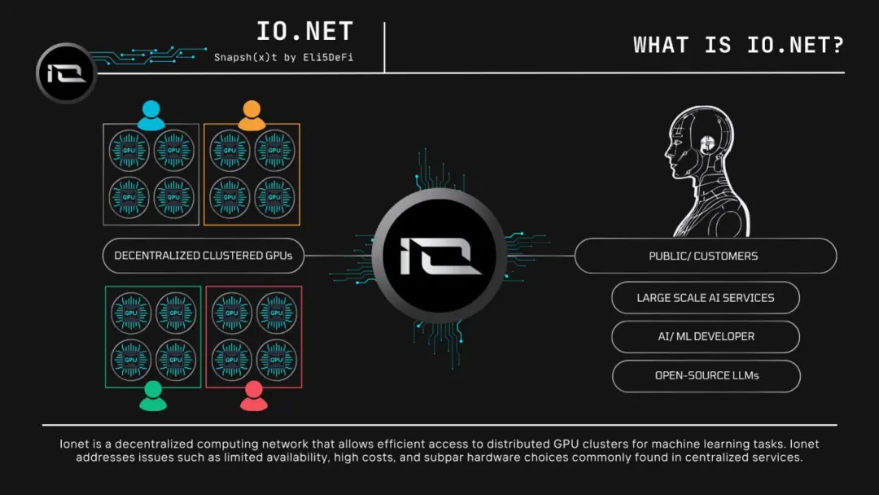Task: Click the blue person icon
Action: tap(151, 116)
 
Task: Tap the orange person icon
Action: tap(251, 116)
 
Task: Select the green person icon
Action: tap(153, 396)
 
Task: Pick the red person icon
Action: tap(254, 396)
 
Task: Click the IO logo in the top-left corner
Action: tap(66, 73)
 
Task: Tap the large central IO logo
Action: tap(439, 256)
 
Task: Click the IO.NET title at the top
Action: tap(304, 32)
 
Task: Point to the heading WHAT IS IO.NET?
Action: tap(738, 45)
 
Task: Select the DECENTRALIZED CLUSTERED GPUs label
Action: tap(203, 256)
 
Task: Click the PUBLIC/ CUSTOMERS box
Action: tap(705, 256)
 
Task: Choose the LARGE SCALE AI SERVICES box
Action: tap(705, 298)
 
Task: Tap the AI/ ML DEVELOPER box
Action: tap(705, 336)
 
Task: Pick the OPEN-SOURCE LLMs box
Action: tap(705, 376)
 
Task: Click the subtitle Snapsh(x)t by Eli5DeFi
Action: tap(283, 58)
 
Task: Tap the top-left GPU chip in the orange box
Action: tap(230, 151)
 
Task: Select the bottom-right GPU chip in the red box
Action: tap(277, 360)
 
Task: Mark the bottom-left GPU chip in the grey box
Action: tap(129, 196)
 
